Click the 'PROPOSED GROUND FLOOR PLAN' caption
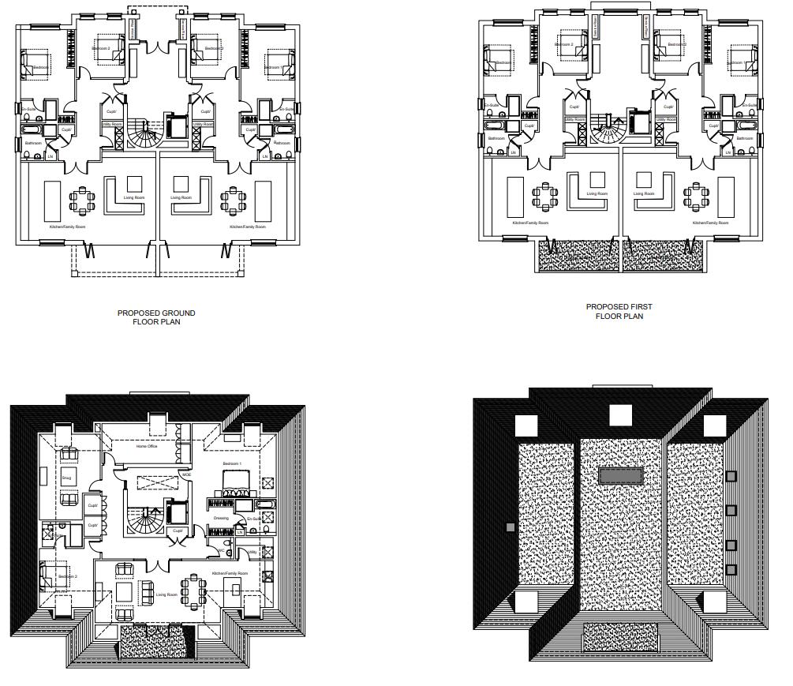pyautogui.click(x=156, y=317)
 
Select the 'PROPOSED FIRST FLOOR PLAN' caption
pyautogui.click(x=619, y=311)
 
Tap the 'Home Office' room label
pyautogui.click(x=147, y=446)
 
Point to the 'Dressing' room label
pyautogui.click(x=221, y=518)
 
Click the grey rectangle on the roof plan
pyautogui.click(x=622, y=474)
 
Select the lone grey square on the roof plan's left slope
pyautogui.click(x=510, y=527)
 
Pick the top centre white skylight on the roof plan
pyautogui.click(x=621, y=414)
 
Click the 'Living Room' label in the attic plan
pyautogui.click(x=166, y=594)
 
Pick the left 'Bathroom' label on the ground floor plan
pyautogui.click(x=33, y=143)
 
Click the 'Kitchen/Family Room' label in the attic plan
pyautogui.click(x=230, y=573)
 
